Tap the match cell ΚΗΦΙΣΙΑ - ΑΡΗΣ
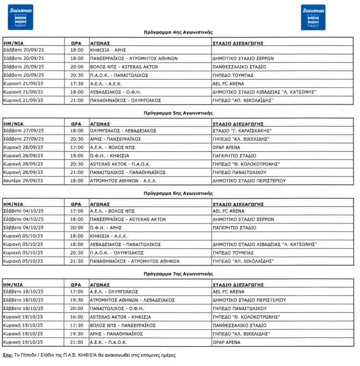(108, 50)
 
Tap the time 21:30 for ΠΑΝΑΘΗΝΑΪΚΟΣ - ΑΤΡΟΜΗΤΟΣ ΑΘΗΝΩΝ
(77, 262)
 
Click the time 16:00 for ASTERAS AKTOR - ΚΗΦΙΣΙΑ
(77, 316)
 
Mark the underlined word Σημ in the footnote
(8, 355)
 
